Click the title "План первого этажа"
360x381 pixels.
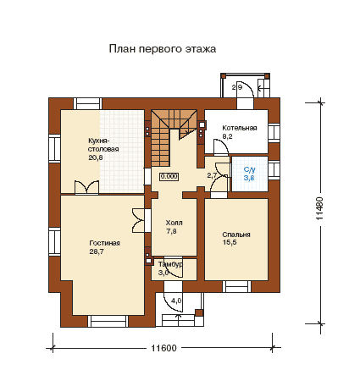(163, 49)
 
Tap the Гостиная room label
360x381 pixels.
(104, 243)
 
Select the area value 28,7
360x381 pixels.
(97, 251)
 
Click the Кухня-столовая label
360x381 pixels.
(103, 145)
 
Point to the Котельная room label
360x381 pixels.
(240, 128)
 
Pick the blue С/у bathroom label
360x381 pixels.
(249, 169)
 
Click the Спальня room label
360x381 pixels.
(236, 235)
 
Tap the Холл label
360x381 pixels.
(174, 223)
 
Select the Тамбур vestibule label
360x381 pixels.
(170, 264)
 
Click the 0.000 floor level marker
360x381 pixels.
(169, 176)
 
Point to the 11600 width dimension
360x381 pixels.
(163, 348)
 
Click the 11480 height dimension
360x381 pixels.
(319, 208)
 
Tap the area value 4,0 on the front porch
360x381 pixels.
(176, 301)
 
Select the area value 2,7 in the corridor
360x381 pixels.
(212, 175)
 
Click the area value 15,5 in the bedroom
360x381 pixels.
(230, 242)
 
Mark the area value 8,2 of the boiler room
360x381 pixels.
(227, 136)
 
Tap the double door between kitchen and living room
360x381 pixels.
(86, 188)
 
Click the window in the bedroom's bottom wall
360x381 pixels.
(236, 286)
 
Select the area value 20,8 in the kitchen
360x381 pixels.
(96, 157)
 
